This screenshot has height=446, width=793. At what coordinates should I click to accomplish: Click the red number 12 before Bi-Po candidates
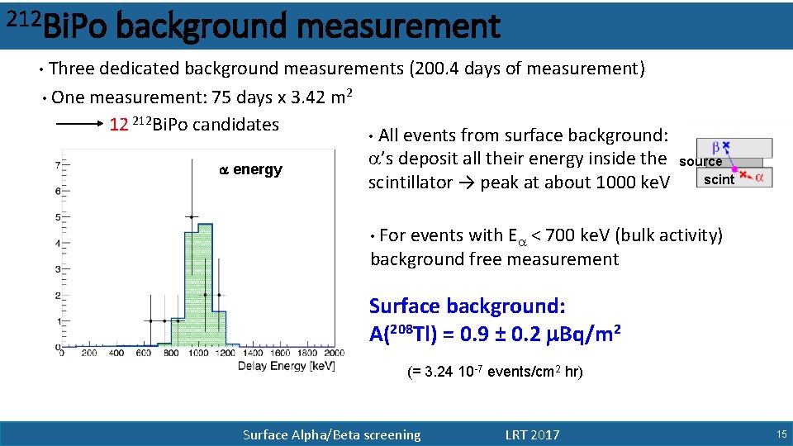pos(119,125)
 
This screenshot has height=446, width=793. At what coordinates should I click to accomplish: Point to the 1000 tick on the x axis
pos(197,353)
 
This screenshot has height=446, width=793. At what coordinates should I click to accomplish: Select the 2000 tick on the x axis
pos(332,353)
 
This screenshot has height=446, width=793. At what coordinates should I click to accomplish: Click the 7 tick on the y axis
pos(56,165)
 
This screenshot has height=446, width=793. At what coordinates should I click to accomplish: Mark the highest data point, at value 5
pos(192,217)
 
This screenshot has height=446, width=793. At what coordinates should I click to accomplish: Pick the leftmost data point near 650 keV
pos(150,320)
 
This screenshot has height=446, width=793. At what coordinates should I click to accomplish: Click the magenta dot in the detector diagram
pos(735,168)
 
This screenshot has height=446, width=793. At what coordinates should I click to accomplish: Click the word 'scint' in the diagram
pos(719,179)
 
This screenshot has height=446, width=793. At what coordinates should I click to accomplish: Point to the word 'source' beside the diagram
pos(700,162)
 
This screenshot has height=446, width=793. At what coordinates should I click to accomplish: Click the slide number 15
pos(781,434)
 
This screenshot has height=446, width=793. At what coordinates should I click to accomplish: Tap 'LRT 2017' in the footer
pos(532,435)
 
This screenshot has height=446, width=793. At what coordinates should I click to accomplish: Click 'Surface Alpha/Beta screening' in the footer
pos(331,435)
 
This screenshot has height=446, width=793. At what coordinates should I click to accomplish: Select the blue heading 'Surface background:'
pos(467,306)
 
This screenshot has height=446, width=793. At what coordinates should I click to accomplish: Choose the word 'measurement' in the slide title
pos(397,26)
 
